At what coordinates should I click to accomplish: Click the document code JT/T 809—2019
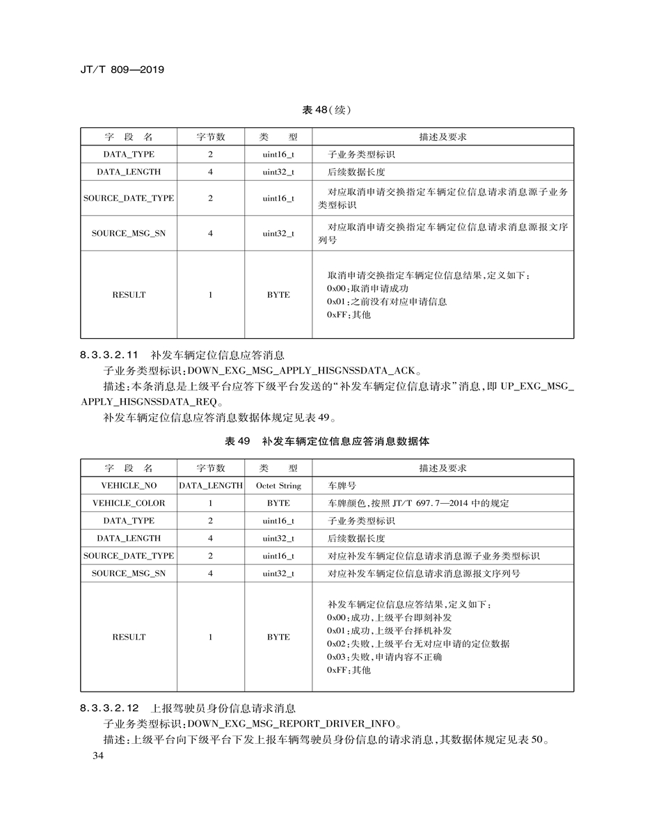pyautogui.click(x=122, y=70)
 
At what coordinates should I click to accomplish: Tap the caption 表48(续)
pyautogui.click(x=326, y=109)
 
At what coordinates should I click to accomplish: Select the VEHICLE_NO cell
pyautogui.click(x=129, y=485)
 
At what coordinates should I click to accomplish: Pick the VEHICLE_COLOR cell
pyautogui.click(x=129, y=503)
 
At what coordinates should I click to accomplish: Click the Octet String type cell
pyautogui.click(x=278, y=485)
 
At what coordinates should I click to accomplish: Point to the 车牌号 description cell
pyautogui.click(x=342, y=485)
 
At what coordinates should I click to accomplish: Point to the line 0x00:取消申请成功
pyautogui.click(x=367, y=288)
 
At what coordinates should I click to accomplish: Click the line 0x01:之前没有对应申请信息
pyautogui.click(x=386, y=301)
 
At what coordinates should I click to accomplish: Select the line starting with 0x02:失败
pyautogui.click(x=417, y=644)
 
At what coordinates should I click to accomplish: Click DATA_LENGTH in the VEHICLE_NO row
pyautogui.click(x=211, y=485)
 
